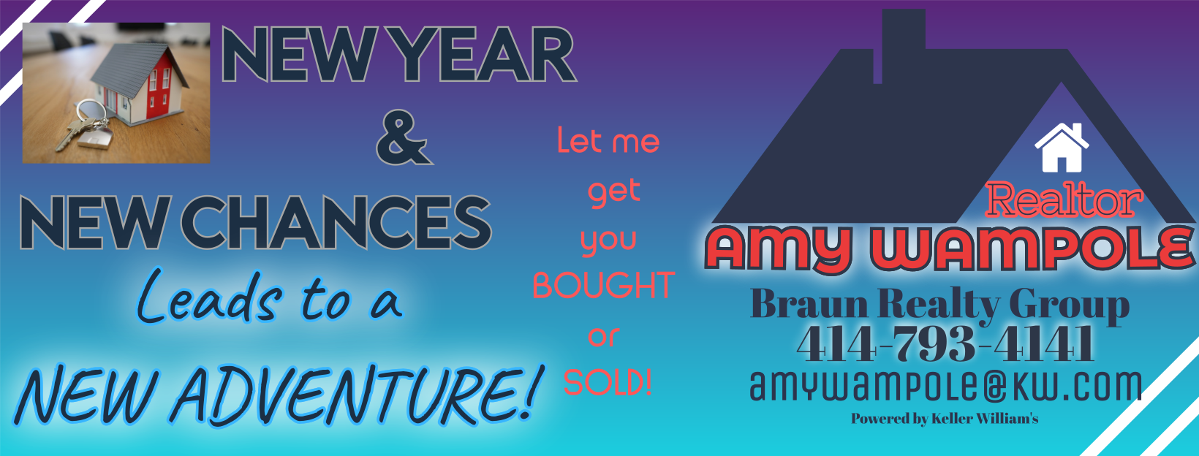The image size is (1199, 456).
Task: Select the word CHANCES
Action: [x=336, y=222]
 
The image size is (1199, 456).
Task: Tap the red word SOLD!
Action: [x=608, y=382]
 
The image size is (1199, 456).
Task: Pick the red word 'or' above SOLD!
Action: [x=604, y=336]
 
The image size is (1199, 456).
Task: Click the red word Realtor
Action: [x=1064, y=199]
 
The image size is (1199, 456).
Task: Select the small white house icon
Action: [x=1062, y=148]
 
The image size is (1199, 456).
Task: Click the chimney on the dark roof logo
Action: [x=903, y=47]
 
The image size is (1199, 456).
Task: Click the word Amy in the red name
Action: [x=779, y=249]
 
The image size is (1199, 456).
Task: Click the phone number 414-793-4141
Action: [x=945, y=343]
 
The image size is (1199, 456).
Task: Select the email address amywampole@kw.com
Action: [x=945, y=385]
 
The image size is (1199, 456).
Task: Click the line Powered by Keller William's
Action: [x=945, y=419]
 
